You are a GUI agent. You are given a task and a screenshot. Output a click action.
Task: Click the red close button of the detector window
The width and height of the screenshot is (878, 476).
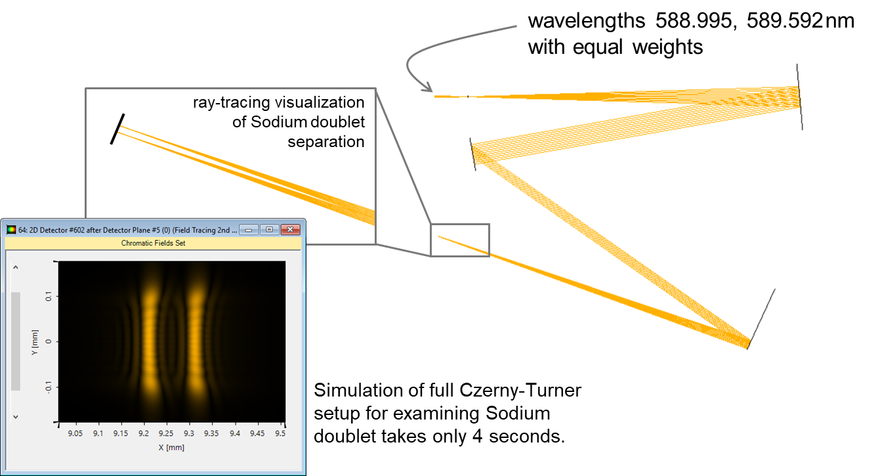point(291,229)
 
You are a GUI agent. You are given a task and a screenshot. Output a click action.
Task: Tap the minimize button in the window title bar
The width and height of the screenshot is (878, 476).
point(249,229)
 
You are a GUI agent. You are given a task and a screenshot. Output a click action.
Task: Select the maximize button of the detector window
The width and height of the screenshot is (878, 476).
point(269,229)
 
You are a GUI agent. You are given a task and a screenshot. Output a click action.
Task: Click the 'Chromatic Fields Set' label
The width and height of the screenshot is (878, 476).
point(153,243)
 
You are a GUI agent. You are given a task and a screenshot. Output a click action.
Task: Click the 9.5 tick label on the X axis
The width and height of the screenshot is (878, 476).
point(280,433)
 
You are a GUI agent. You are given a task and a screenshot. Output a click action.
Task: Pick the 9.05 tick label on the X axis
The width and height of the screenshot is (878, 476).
point(75,433)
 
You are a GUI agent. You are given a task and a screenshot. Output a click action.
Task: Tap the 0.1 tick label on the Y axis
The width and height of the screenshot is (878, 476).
point(48,296)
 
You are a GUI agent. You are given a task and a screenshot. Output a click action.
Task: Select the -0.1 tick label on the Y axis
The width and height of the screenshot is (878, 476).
point(48,387)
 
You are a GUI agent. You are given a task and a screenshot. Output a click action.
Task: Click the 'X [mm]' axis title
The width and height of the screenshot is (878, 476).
point(171,447)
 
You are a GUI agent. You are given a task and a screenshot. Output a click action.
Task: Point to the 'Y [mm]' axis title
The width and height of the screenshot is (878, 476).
point(35,343)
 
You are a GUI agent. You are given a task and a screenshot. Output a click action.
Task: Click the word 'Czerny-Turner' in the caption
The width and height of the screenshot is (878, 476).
point(520,391)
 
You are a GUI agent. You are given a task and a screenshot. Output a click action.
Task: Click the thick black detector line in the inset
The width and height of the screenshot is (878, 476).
point(117,129)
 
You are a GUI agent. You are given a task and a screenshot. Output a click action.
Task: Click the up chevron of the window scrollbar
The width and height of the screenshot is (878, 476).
point(16,267)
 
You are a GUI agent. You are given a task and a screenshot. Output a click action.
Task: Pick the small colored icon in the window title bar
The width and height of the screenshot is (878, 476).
point(11,229)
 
